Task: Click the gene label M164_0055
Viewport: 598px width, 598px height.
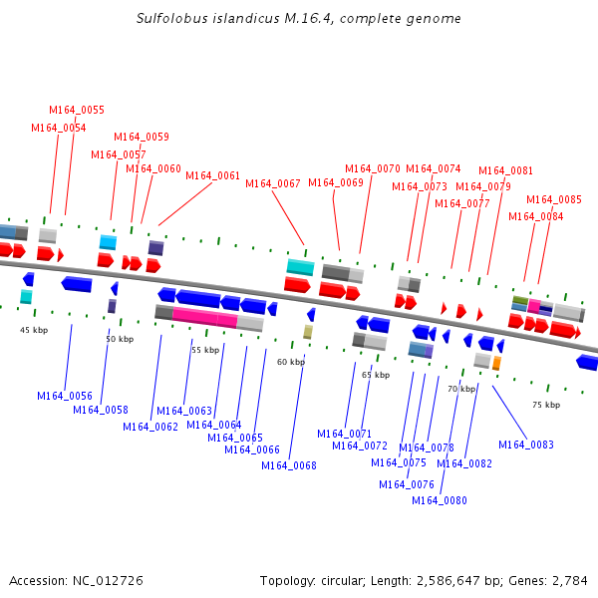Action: tap(77, 111)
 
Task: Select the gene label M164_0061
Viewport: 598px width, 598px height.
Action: tap(213, 176)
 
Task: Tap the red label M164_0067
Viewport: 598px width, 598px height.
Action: tap(273, 183)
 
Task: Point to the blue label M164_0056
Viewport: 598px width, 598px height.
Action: tap(65, 397)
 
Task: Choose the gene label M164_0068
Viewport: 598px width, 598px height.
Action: tap(289, 466)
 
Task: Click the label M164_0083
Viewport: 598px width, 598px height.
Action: tap(526, 446)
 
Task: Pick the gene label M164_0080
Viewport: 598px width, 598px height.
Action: tap(440, 501)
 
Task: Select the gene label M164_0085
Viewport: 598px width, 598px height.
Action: tap(554, 199)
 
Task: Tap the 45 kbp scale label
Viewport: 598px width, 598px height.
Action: tap(34, 330)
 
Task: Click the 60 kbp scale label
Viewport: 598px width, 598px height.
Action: tap(290, 363)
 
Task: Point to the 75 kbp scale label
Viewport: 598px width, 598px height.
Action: tap(546, 406)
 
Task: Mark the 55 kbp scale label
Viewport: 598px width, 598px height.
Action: tap(205, 351)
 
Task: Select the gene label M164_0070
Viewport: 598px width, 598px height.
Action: tap(373, 169)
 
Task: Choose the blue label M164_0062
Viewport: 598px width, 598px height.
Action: tap(150, 428)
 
